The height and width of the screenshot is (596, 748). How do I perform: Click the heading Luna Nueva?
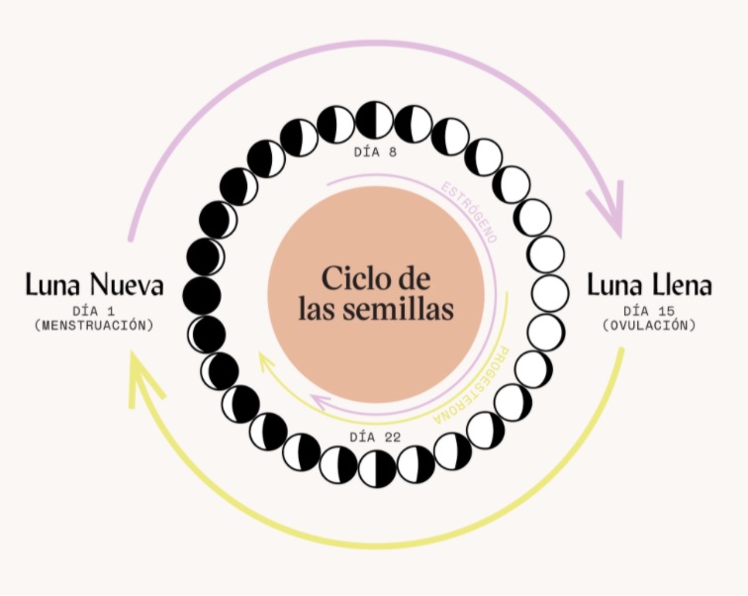(94, 286)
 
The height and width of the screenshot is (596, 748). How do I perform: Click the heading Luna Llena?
(648, 286)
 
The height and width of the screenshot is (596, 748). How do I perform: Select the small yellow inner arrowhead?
(265, 361)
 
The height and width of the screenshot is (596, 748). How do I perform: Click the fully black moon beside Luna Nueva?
(202, 294)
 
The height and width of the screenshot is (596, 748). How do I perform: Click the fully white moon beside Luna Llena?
(549, 294)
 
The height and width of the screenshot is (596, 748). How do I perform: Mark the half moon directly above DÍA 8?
(375, 121)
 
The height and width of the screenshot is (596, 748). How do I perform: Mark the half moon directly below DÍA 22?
(377, 468)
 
